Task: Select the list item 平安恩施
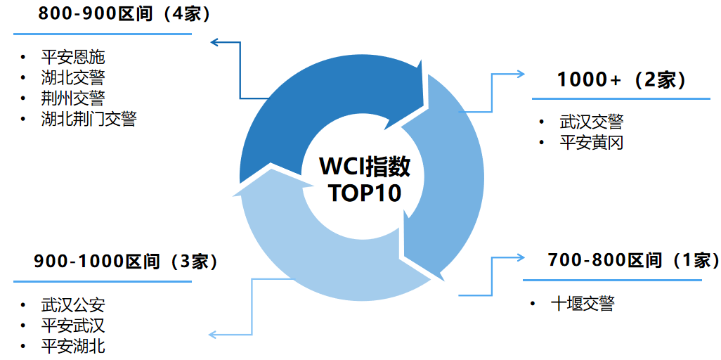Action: pyautogui.click(x=72, y=57)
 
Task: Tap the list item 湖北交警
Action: pyautogui.click(x=72, y=77)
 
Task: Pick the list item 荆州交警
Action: pyautogui.click(x=72, y=98)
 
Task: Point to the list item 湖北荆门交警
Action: pyautogui.click(x=88, y=119)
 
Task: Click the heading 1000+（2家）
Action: pyautogui.click(x=621, y=79)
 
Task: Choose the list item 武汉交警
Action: pyautogui.click(x=591, y=122)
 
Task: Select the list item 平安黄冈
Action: pyautogui.click(x=591, y=143)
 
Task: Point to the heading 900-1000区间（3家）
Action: pyautogui.click(x=126, y=262)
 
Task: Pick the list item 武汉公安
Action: pyautogui.click(x=72, y=305)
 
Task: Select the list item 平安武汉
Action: pyautogui.click(x=72, y=326)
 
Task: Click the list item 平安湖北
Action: pyautogui.click(x=72, y=346)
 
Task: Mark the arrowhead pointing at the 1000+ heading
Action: pyautogui.click(x=521, y=73)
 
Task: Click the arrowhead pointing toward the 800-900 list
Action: pyautogui.click(x=214, y=44)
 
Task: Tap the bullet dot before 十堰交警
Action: pyautogui.click(x=535, y=304)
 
